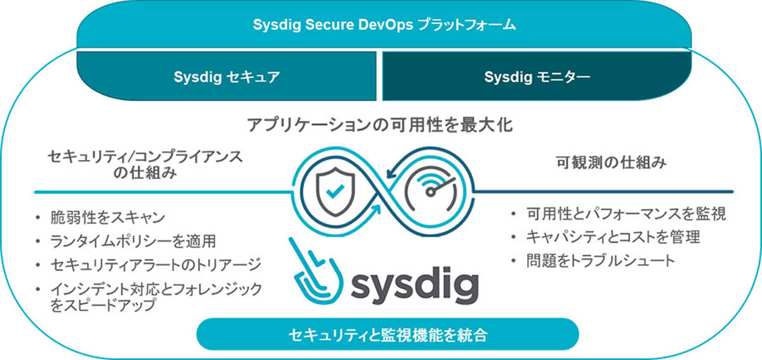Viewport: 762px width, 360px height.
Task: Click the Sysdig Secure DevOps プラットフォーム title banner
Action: pos(384,25)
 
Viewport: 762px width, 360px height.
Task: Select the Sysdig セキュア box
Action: pos(227,76)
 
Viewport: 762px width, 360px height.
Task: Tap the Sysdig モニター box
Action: pos(537,76)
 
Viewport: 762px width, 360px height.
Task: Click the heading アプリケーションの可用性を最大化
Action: pos(380,125)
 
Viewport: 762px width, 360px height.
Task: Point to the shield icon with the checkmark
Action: pos(335,191)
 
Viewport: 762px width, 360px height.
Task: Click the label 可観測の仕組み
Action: pos(611,163)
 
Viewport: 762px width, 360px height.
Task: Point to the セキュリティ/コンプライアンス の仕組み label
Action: pos(145,164)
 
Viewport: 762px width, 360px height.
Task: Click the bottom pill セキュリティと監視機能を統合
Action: pos(388,334)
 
